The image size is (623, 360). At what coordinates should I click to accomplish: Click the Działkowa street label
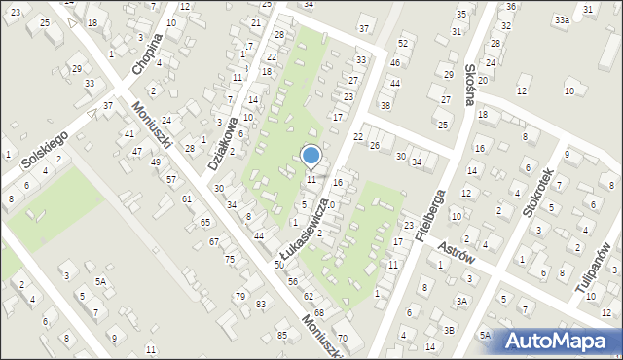tap(223, 145)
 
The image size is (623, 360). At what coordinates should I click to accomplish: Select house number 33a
tap(562, 19)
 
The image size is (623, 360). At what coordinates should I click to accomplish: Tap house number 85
tap(282, 336)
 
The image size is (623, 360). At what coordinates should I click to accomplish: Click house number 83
tap(261, 305)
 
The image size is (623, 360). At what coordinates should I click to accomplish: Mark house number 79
tap(239, 296)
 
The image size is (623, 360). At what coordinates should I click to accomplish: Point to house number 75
tap(230, 259)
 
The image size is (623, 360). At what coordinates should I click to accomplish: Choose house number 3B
tap(449, 329)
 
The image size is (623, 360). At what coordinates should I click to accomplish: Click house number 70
tap(342, 338)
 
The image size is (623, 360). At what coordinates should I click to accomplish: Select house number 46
tap(394, 62)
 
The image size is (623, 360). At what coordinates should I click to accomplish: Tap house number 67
tap(213, 241)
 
